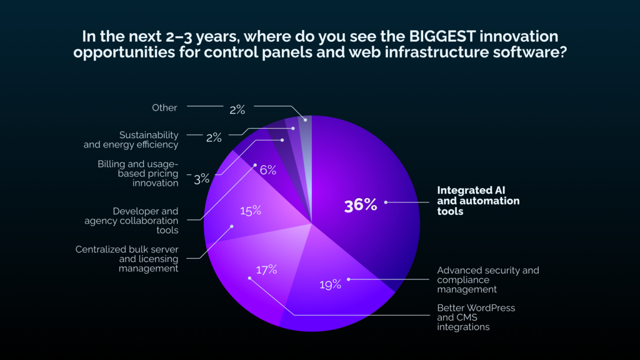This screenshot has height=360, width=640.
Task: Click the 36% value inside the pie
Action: (x=361, y=205)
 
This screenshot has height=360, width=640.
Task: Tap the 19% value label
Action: (x=331, y=285)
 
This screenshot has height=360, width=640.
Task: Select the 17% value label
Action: (x=266, y=270)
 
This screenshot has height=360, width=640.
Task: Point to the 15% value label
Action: (x=250, y=211)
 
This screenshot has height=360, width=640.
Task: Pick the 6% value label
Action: (x=268, y=169)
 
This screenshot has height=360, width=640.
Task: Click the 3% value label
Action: (x=201, y=179)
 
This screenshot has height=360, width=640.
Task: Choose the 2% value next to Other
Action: (x=237, y=109)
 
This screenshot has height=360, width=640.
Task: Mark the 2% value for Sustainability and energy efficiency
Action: (x=213, y=137)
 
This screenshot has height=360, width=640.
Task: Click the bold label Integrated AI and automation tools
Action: (x=478, y=201)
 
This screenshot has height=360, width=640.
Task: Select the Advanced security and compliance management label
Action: (x=487, y=279)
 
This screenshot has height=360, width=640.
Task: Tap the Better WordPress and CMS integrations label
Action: (x=476, y=317)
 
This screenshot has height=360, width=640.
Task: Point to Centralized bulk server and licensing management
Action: (x=127, y=259)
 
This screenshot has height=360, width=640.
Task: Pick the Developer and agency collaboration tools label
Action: (x=131, y=221)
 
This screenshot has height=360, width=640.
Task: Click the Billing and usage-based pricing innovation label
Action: (x=137, y=173)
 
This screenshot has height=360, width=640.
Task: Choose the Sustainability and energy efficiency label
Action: (x=131, y=139)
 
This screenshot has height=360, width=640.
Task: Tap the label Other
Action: (x=164, y=107)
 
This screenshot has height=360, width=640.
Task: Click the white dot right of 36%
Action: (x=386, y=202)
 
